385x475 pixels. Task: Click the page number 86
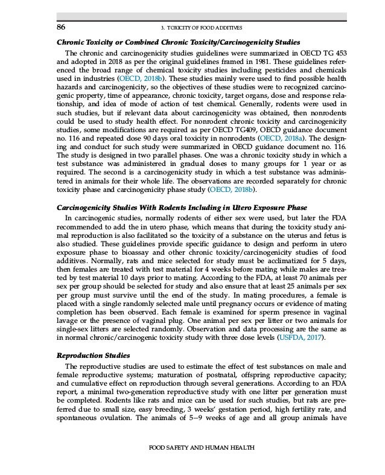[x=61, y=27]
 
